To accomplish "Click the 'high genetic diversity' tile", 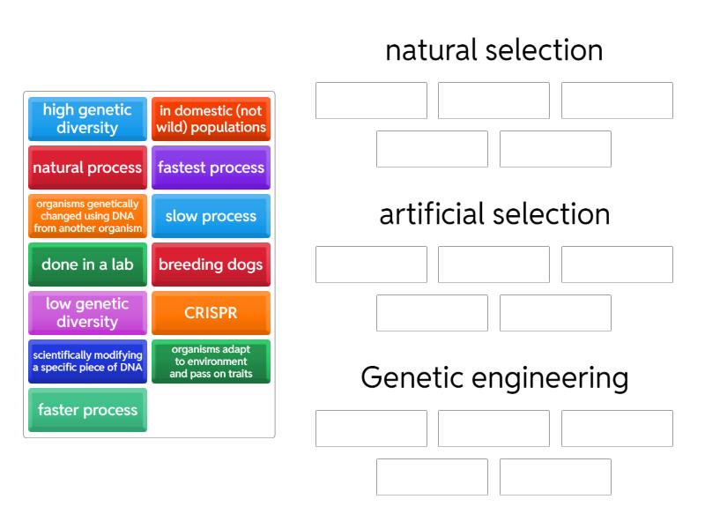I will tap(87, 119).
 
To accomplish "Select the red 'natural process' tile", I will tap(87, 168).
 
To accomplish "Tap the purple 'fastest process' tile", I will tap(211, 168).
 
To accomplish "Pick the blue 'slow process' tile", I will tap(211, 216).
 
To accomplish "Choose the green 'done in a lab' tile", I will tap(87, 264).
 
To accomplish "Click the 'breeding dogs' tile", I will tap(211, 264).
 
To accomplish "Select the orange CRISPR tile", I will tap(211, 313).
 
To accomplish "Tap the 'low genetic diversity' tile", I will tap(87, 313).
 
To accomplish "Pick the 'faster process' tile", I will tap(87, 410).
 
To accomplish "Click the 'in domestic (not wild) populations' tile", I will tap(211, 119).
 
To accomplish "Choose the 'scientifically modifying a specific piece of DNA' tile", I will tap(87, 361).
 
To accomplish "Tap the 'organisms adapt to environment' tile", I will tap(211, 361).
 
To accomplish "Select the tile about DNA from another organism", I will tap(87, 216).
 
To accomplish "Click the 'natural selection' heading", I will tap(493, 50).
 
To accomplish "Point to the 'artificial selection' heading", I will tap(493, 214).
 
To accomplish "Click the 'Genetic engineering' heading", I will tap(493, 378).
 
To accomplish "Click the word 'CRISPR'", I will tap(211, 313).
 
